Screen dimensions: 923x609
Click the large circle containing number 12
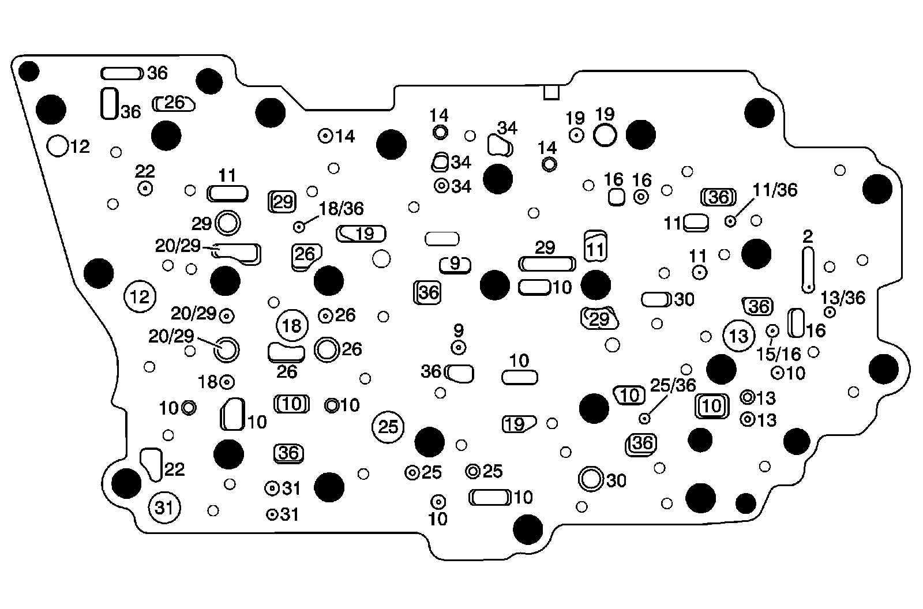140,297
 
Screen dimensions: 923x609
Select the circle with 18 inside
292,326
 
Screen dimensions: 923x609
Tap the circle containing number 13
738,336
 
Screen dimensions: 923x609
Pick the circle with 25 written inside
388,427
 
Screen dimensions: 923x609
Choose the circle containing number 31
164,508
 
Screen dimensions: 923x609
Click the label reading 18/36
342,209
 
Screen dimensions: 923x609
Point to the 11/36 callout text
775,190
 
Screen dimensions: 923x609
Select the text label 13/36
843,298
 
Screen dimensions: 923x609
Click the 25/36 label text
673,385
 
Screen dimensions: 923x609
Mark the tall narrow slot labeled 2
807,269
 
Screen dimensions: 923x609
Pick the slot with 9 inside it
455,265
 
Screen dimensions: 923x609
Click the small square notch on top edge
551,92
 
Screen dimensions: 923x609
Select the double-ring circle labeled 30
590,478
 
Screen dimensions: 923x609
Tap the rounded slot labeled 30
656,299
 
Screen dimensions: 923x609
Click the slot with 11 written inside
596,247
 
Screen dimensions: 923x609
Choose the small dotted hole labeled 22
145,188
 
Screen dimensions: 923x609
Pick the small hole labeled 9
459,348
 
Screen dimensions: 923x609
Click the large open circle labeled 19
605,135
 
